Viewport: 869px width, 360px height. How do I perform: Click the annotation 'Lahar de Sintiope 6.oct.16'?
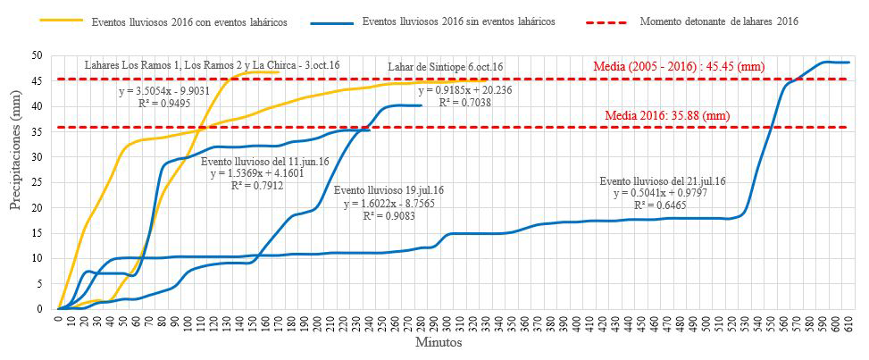pos(447,67)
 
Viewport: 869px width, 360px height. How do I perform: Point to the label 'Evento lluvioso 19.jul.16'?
pos(389,191)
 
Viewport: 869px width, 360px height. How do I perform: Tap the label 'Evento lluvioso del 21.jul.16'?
pos(664,181)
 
